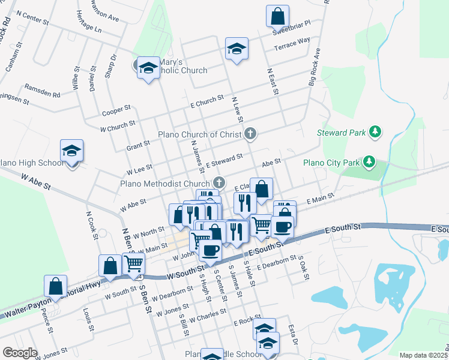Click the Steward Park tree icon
coord(375,131)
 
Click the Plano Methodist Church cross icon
coord(220,183)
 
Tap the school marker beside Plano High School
coord(72,152)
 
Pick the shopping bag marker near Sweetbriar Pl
coord(278,17)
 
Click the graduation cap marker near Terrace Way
coord(237,50)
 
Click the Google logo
coord(20,353)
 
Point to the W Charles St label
coord(206,318)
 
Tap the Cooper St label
coord(116,110)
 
